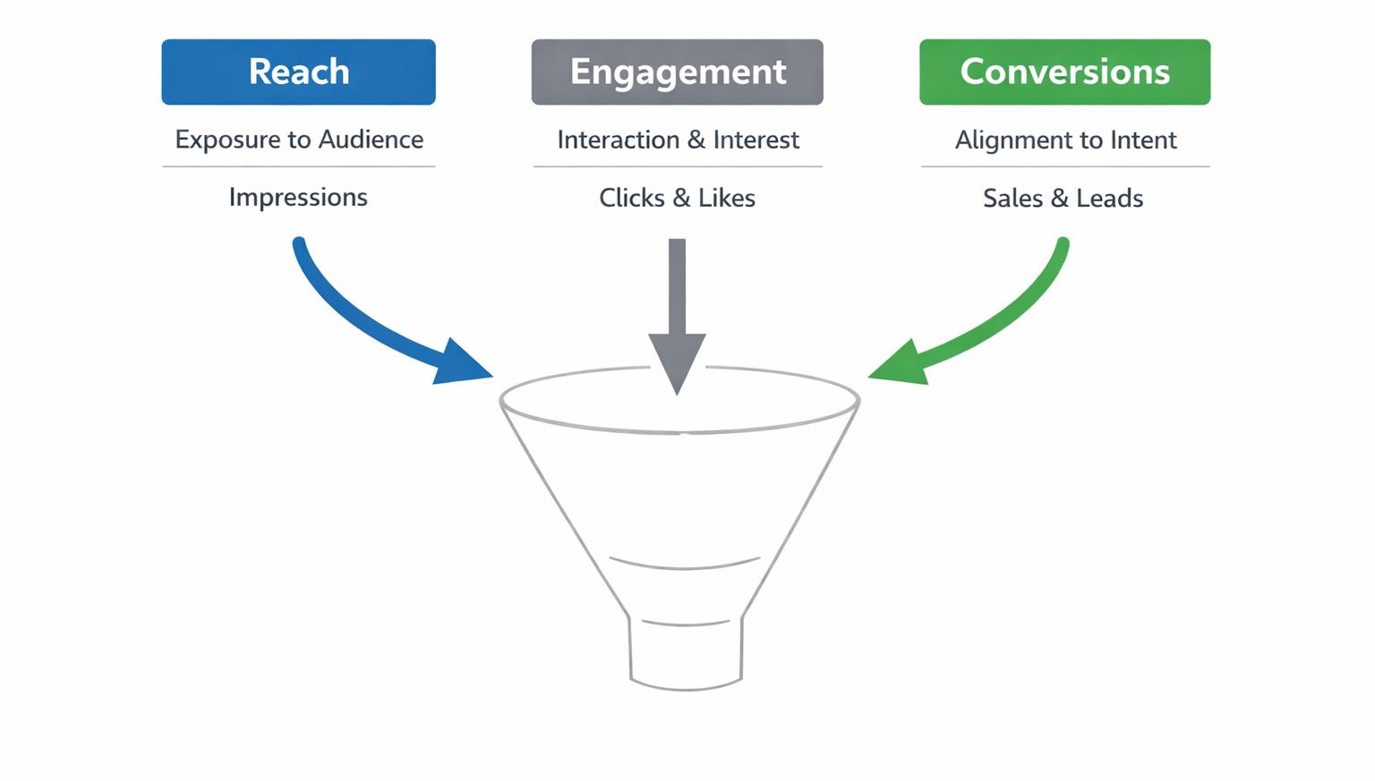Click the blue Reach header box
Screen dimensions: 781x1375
click(298, 72)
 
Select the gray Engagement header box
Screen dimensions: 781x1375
click(677, 72)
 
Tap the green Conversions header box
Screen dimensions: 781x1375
click(1064, 72)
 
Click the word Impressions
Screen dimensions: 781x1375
click(298, 197)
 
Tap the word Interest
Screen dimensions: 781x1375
click(756, 140)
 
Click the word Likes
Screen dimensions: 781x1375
click(727, 198)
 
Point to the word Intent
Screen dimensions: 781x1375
click(1144, 140)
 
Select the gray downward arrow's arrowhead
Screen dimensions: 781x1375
click(677, 358)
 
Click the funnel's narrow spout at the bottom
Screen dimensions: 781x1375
click(686, 653)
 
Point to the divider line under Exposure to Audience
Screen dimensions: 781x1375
click(298, 166)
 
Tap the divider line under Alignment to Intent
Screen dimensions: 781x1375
click(1064, 166)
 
